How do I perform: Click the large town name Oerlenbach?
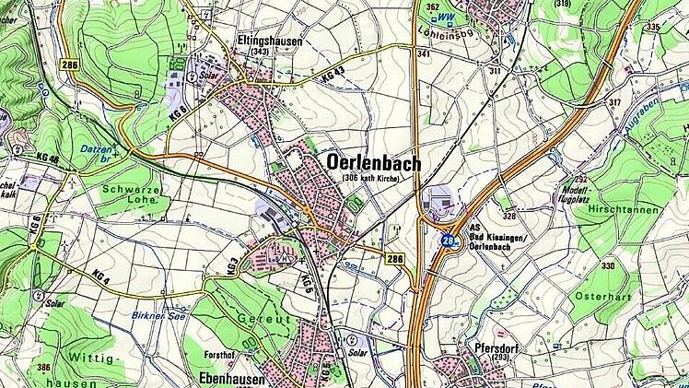pyautogui.click(x=373, y=162)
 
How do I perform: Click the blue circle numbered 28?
pyautogui.click(x=447, y=241)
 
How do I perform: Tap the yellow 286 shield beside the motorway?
pyautogui.click(x=394, y=259)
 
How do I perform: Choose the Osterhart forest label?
pyautogui.click(x=597, y=296)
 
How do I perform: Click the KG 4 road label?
pyautogui.click(x=101, y=276)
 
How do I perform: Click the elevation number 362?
pyautogui.click(x=433, y=7)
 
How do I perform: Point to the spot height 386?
pyautogui.click(x=43, y=366)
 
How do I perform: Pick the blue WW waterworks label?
pyautogui.click(x=445, y=18)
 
